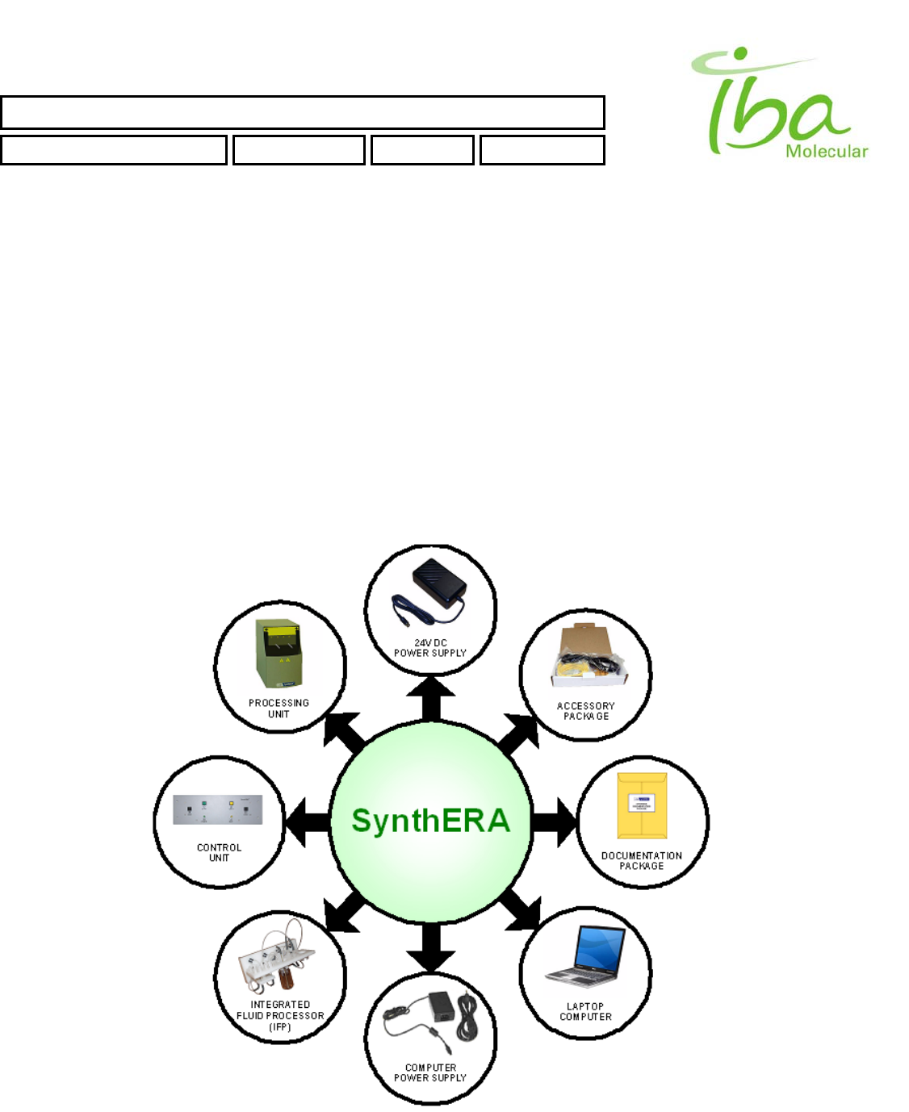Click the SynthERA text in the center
click(x=431, y=821)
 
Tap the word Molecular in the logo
click(x=827, y=151)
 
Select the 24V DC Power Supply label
click(x=430, y=648)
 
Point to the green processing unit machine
click(x=279, y=654)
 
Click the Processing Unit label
click(x=279, y=709)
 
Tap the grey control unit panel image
click(x=218, y=810)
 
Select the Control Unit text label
click(x=219, y=853)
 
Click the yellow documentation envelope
click(x=642, y=806)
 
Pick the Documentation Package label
click(x=642, y=861)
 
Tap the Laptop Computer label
click(x=586, y=1012)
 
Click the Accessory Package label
click(x=586, y=711)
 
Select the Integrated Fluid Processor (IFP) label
click(x=280, y=1016)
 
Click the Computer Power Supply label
click(x=430, y=1072)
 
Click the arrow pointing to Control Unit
click(x=308, y=822)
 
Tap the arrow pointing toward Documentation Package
click(x=555, y=822)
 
